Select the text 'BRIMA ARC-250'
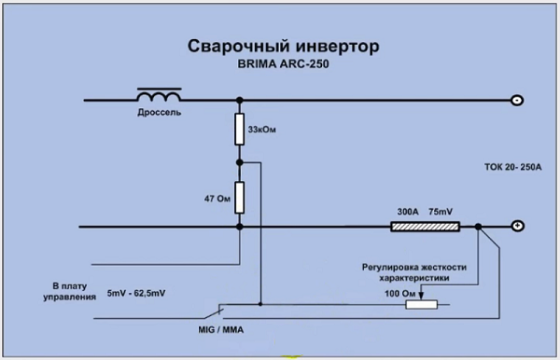click(276, 66)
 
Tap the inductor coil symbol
click(161, 96)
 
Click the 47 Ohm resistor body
click(239, 197)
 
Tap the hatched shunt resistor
click(425, 227)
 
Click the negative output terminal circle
click(514, 100)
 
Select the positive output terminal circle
click(514, 227)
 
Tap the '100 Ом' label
click(388, 293)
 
